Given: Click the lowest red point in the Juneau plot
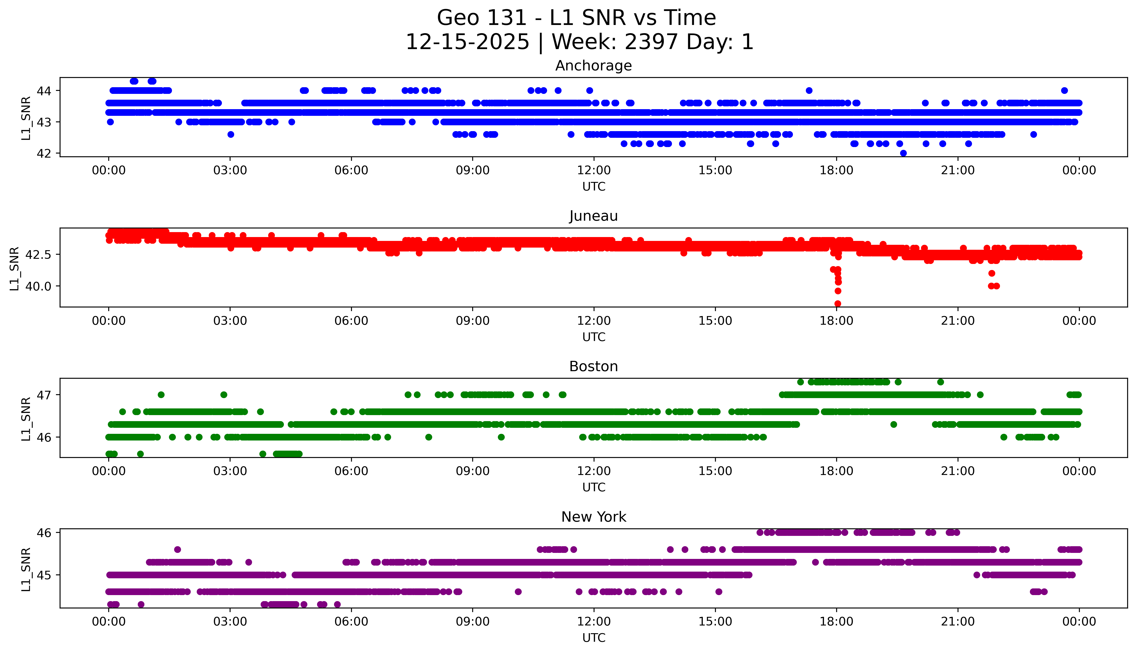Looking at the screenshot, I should [837, 304].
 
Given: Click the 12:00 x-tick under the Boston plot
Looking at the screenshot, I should [594, 471].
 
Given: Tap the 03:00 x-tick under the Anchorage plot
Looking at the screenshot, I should [230, 171].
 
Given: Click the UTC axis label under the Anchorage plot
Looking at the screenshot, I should [594, 187].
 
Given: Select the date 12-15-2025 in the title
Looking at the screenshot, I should [467, 42].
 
